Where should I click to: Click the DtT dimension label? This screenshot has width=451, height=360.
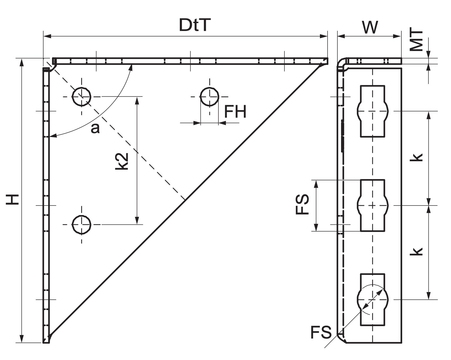coord(195,25)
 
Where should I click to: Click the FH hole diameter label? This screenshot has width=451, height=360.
coord(235,112)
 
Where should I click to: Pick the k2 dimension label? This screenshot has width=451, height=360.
coord(122,161)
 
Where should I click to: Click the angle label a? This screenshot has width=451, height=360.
coord(95,128)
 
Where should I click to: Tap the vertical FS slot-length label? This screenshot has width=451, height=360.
coord(302,204)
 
